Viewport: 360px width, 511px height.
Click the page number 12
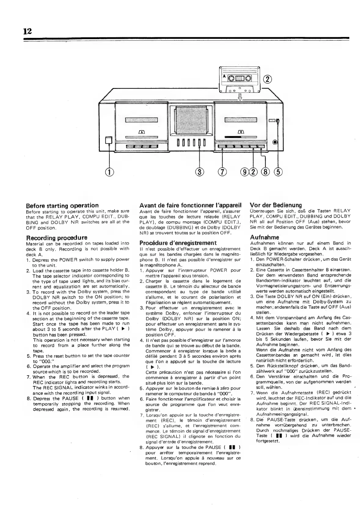click(27, 31)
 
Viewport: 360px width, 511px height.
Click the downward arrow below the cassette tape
click(240, 97)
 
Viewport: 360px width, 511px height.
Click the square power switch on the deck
click(109, 140)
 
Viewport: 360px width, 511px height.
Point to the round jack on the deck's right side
click(275, 142)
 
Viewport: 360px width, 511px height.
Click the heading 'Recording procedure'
click(56, 237)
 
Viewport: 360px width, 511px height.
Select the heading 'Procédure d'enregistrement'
click(178, 243)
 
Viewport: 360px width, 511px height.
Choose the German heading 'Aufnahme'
click(260, 237)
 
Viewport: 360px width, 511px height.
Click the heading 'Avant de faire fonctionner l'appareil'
click(191, 205)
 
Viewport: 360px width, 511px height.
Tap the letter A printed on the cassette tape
click(224, 76)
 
